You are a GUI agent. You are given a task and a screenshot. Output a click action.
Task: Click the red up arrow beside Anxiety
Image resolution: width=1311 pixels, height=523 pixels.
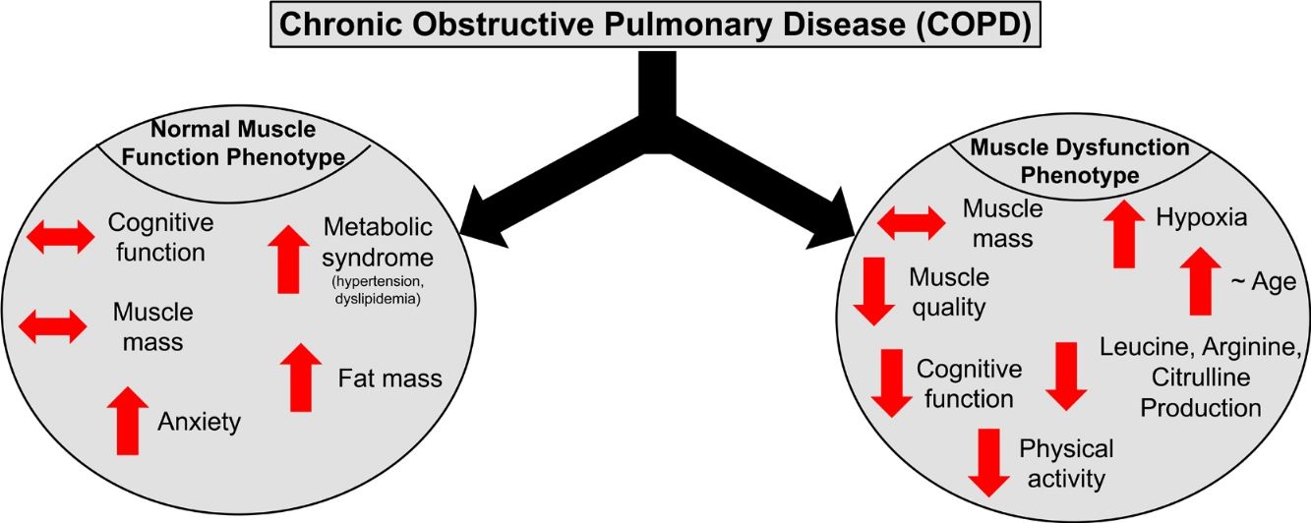click(x=127, y=420)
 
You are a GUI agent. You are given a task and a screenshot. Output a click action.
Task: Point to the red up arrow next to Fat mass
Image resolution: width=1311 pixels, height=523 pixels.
click(x=301, y=377)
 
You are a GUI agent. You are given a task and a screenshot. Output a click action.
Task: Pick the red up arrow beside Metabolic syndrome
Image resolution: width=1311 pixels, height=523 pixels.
click(x=288, y=259)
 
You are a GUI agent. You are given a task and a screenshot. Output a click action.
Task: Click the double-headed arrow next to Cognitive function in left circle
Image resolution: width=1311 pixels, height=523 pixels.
click(x=59, y=237)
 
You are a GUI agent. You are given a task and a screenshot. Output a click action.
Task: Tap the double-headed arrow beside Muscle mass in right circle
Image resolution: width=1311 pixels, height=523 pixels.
click(x=911, y=222)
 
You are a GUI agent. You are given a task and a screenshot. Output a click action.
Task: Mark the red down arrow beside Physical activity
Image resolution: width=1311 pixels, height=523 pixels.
click(x=988, y=463)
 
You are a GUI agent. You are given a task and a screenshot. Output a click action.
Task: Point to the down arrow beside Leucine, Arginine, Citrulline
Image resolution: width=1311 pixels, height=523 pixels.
click(x=1065, y=376)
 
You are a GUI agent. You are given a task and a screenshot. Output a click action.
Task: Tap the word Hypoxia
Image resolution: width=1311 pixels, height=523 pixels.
click(x=1202, y=218)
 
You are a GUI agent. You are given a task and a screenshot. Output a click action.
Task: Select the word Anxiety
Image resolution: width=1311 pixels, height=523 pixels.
click(x=199, y=423)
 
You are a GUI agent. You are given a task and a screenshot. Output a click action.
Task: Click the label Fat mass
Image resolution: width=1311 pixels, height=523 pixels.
click(x=389, y=378)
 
